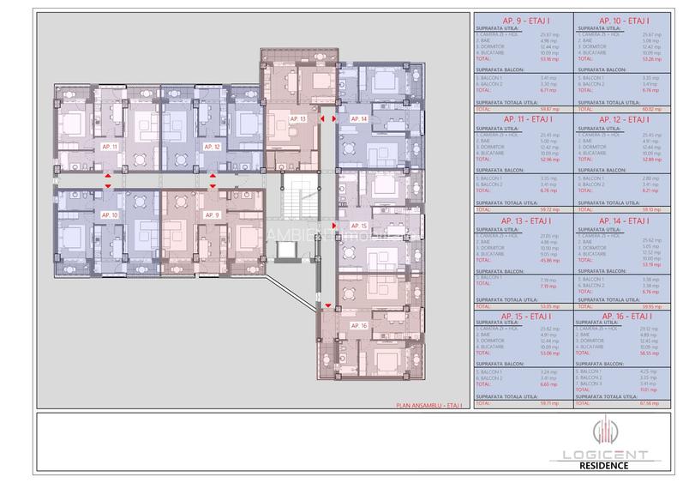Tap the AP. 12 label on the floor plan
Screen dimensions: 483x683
tap(212, 148)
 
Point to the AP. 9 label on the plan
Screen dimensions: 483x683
tap(212, 214)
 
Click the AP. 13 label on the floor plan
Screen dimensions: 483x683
tap(297, 117)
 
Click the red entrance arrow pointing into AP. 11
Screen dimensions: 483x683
tap(108, 175)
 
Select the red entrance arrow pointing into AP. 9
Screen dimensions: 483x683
tap(212, 184)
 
